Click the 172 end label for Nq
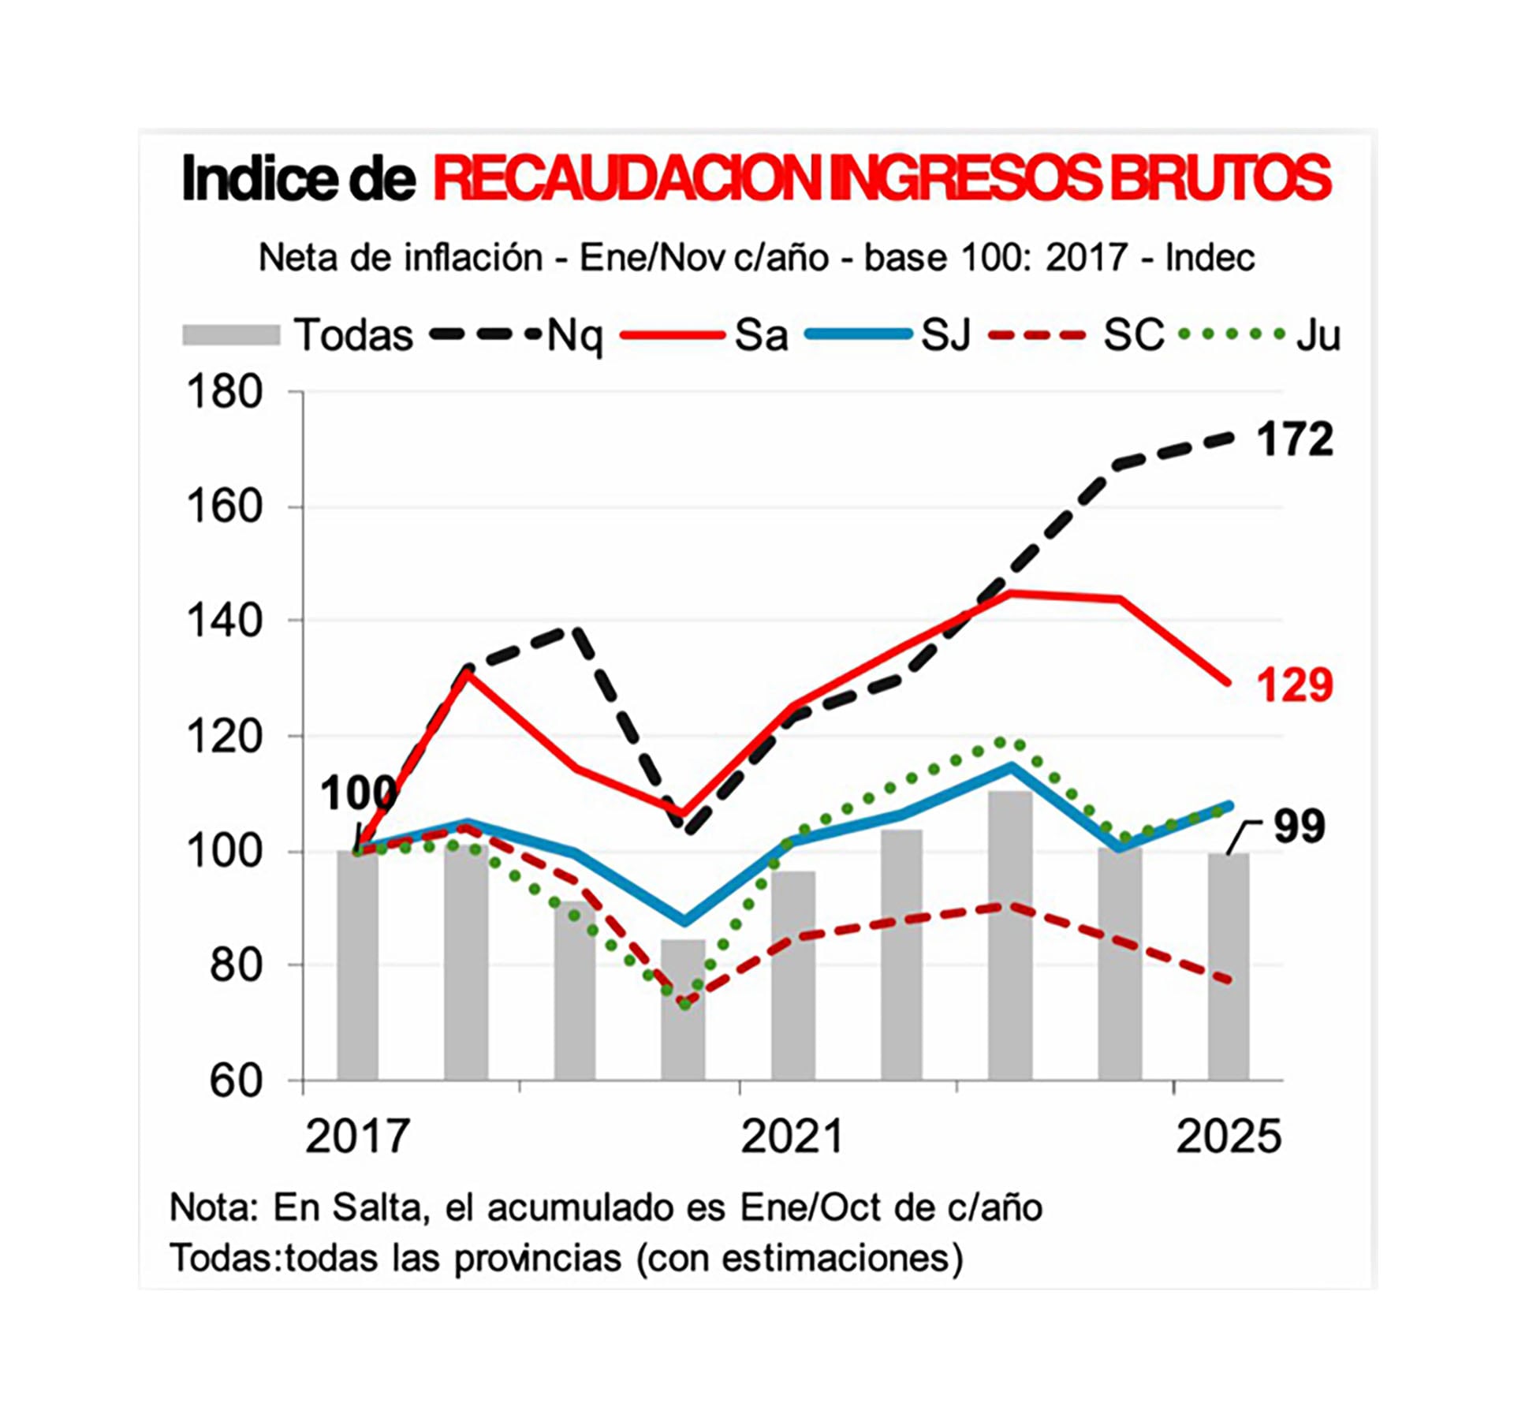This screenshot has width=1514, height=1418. pyautogui.click(x=1293, y=439)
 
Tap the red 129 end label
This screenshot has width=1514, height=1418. pyautogui.click(x=1293, y=684)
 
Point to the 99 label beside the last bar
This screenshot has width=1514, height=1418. pyautogui.click(x=1300, y=827)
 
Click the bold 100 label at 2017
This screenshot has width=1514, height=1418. pyautogui.click(x=357, y=793)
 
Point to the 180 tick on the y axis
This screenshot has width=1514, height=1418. pyautogui.click(x=224, y=392)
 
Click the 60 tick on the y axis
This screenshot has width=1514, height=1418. pyautogui.click(x=235, y=1081)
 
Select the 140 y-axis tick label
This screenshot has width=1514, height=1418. pyautogui.click(x=224, y=621)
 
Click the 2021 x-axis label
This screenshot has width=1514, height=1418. pyautogui.click(x=792, y=1136)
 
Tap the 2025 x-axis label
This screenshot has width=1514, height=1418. pyautogui.click(x=1228, y=1136)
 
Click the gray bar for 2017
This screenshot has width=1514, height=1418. pyautogui.click(x=357, y=966)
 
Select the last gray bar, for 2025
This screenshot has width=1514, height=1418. pyautogui.click(x=1228, y=966)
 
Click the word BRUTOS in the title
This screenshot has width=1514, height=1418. pyautogui.click(x=1221, y=178)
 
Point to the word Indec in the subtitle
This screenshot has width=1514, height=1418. pyautogui.click(x=1210, y=258)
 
